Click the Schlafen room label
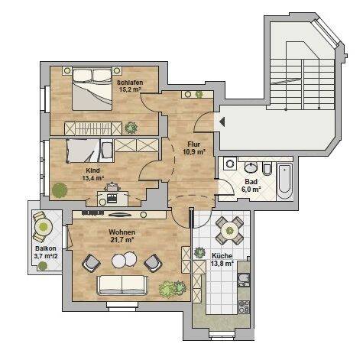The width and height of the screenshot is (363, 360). coord(130,83)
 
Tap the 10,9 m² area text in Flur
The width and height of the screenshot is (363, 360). coord(194,152)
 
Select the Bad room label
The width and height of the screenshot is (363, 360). coord(251,182)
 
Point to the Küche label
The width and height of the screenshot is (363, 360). coord(222,256)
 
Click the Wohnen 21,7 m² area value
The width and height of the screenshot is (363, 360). coord(122,240)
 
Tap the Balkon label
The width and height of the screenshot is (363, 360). coord(46,248)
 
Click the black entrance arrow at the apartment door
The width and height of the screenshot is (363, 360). coord(222,122)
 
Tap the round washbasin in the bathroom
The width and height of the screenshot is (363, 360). coord(251,167)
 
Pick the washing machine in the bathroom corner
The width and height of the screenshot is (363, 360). coord(231,164)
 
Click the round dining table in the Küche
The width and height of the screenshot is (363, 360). coord(229,231)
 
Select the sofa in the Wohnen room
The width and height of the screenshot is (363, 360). coord(122,285)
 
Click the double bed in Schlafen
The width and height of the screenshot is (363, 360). coord(92,89)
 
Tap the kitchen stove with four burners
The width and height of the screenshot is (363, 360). coord(244,306)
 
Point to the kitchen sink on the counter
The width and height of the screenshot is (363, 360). coord(244,279)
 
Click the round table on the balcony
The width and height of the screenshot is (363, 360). coord(44,226)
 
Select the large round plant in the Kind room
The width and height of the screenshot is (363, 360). coord(60,190)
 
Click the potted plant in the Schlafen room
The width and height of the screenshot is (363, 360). coord(131,128)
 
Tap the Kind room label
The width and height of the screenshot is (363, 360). coord(92,170)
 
